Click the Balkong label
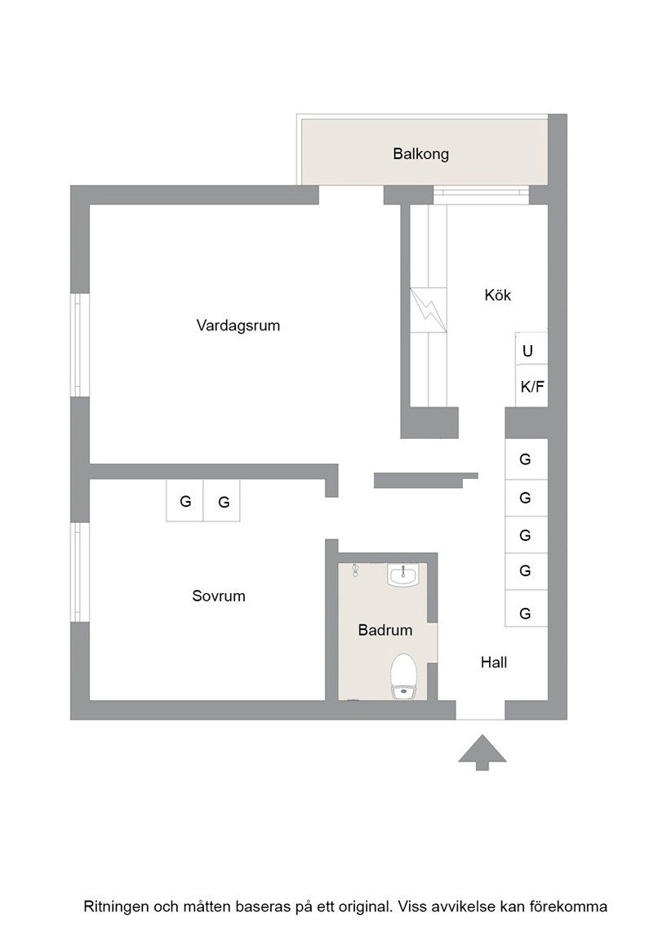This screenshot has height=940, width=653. pyautogui.click(x=421, y=154)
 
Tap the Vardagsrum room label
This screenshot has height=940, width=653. pyautogui.click(x=238, y=326)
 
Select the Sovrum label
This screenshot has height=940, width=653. pyautogui.click(x=219, y=596)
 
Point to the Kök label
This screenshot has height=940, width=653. pyautogui.click(x=498, y=295)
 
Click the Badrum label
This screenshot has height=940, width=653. pyautogui.click(x=385, y=630)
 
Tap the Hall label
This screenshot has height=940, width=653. pyautogui.click(x=494, y=663)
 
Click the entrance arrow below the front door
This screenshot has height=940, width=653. pyautogui.click(x=482, y=752)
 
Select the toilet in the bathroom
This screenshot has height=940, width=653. pyautogui.click(x=403, y=676)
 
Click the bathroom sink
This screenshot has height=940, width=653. pyautogui.click(x=403, y=575)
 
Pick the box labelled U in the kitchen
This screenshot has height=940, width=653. pyautogui.click(x=531, y=349)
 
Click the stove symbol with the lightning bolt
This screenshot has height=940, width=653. pyautogui.click(x=429, y=309)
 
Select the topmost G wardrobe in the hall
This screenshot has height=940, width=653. pyautogui.click(x=526, y=459)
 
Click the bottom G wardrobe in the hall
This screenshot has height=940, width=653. pyautogui.click(x=526, y=609)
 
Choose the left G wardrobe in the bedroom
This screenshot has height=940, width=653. pyautogui.click(x=184, y=501)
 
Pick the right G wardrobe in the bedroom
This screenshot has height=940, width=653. pyautogui.click(x=223, y=501)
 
